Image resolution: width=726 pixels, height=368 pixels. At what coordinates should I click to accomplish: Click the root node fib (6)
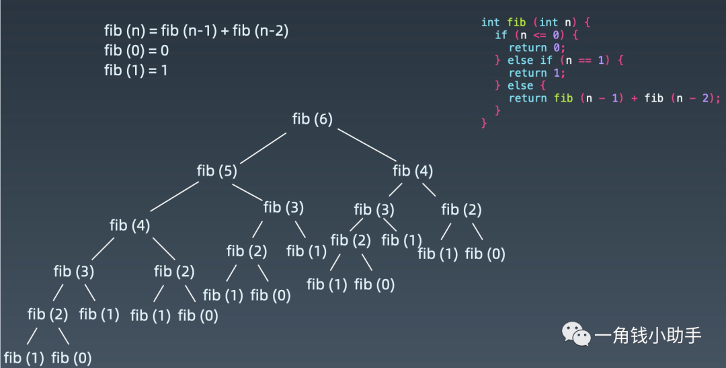pyautogui.click(x=313, y=119)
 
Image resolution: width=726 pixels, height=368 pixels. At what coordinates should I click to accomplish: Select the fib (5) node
pyautogui.click(x=216, y=171)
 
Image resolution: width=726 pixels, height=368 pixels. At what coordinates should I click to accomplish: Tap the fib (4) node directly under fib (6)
pyautogui.click(x=413, y=171)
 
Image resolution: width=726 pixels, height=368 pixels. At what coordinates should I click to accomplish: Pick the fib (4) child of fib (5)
pyautogui.click(x=130, y=225)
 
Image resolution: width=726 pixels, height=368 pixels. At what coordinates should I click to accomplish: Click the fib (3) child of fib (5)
pyautogui.click(x=284, y=207)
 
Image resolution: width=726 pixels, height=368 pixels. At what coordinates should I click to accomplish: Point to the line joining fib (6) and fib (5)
pyautogui.click(x=263, y=147)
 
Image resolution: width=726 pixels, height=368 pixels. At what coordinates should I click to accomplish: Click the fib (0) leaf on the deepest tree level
pyautogui.click(x=71, y=357)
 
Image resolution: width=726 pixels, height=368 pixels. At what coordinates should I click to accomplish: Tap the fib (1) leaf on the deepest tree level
pyautogui.click(x=24, y=357)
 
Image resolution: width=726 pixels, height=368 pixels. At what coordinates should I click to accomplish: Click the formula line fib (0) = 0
pyautogui.click(x=136, y=50)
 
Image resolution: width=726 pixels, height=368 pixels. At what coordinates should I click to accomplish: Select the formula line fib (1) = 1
pyautogui.click(x=136, y=70)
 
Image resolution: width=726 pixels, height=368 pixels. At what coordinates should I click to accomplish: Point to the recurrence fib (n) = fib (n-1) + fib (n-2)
pyautogui.click(x=196, y=31)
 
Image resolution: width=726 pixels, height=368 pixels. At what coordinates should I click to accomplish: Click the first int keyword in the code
pyautogui.click(x=490, y=22)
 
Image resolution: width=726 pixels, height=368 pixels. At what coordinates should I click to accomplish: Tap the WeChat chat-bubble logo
pyautogui.click(x=576, y=333)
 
